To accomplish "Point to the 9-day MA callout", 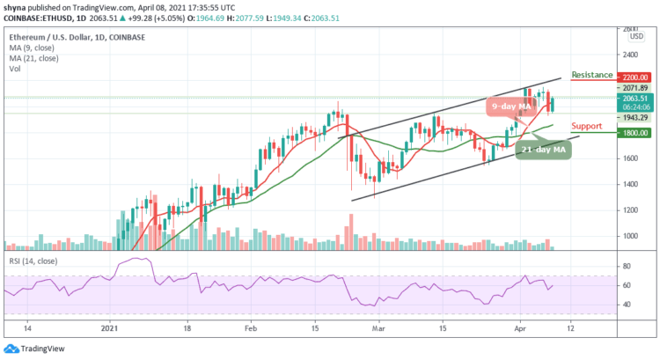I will click(x=512, y=107).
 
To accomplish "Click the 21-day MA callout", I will click(x=541, y=149).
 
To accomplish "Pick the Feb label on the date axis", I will click(x=250, y=327).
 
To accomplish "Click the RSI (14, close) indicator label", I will click(x=33, y=261).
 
